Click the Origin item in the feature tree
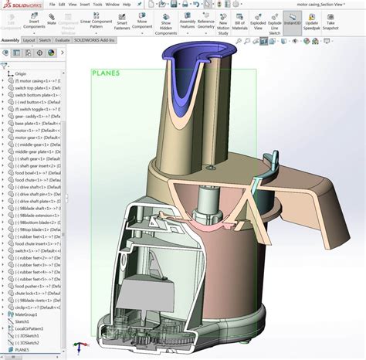tap(21, 73)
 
